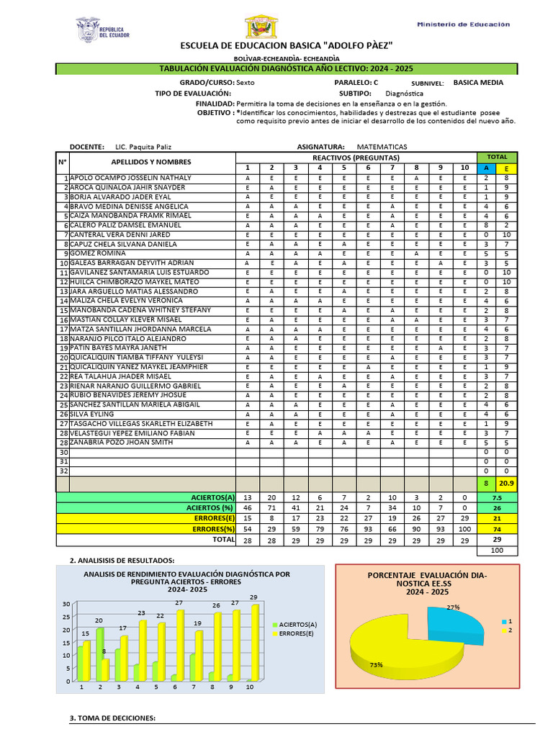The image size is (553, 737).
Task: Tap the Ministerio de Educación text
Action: point(463,24)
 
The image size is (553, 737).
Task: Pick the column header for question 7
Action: point(392,168)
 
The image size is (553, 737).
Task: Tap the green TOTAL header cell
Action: point(497,157)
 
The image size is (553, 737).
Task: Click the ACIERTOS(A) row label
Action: point(212,497)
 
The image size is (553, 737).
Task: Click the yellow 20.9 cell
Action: point(506,483)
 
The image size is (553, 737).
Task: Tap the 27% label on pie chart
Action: point(454,607)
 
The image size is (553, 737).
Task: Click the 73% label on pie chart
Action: point(376,665)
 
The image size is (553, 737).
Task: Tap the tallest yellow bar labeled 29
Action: point(253,641)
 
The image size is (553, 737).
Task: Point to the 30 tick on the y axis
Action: point(66,604)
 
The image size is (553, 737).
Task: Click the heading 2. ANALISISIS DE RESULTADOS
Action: point(122,560)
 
